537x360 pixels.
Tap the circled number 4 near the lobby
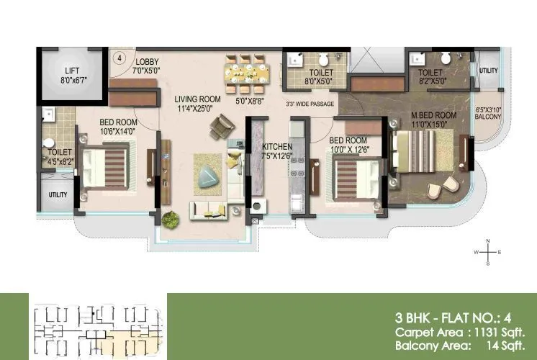(x=119, y=56)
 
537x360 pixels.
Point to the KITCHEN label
(x=277, y=151)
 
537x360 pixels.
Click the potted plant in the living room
(x=171, y=218)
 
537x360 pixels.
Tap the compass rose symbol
(x=488, y=253)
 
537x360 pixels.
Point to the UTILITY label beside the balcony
(x=489, y=71)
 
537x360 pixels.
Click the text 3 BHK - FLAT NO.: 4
(x=459, y=317)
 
